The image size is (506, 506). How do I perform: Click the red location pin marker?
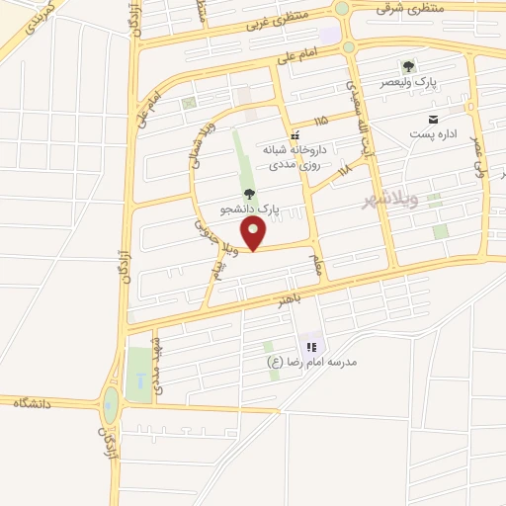point(254,233)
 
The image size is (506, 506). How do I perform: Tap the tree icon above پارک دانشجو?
point(248,194)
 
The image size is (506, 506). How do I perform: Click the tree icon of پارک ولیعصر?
point(408,66)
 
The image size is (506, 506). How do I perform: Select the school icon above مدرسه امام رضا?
point(310,347)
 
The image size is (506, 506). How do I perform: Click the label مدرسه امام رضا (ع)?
point(313,362)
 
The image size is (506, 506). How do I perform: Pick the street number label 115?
point(318,120)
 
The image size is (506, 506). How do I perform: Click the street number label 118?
point(345,171)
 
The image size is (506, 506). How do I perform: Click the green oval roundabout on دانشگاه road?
point(110,402)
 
